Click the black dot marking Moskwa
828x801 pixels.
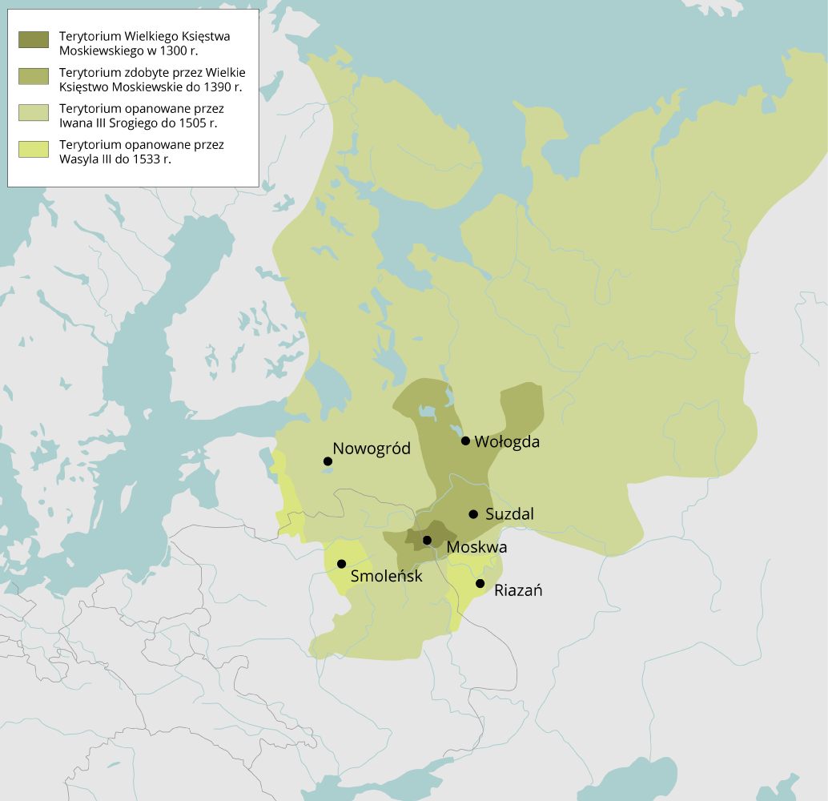[x=427, y=540]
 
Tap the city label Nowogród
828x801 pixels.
[x=372, y=449]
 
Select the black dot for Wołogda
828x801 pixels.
[x=465, y=441]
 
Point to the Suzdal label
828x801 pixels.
[x=509, y=514]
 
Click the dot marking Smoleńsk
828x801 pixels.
[x=342, y=564]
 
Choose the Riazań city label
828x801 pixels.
[x=519, y=591]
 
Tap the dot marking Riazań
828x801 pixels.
[x=480, y=583]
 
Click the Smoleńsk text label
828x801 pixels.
[x=386, y=575]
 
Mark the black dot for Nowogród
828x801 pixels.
[x=327, y=461]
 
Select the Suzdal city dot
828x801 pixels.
[x=473, y=513]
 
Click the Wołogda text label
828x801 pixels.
[x=507, y=441]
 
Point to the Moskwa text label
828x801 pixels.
[x=476, y=548]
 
